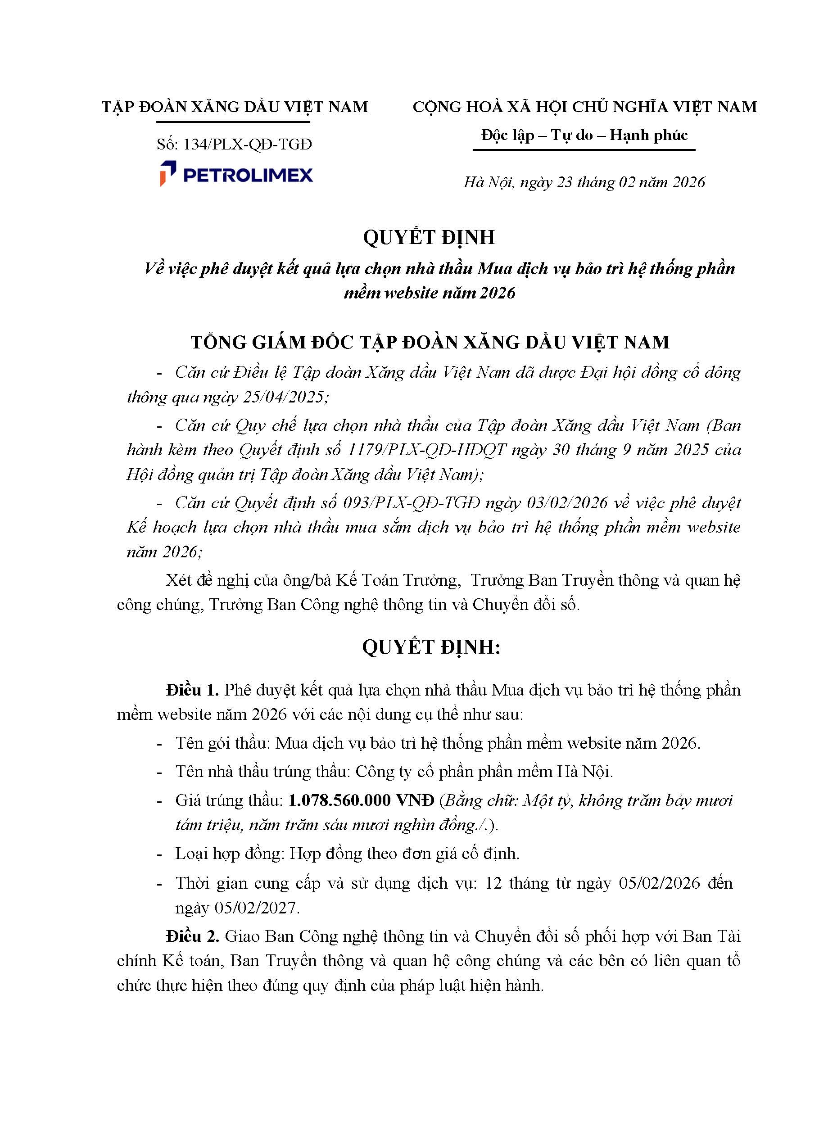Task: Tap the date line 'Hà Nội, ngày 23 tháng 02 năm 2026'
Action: (x=584, y=182)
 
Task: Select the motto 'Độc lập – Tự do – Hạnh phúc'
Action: (x=584, y=135)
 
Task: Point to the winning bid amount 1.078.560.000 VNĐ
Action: (x=361, y=800)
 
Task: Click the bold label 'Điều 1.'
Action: (x=192, y=690)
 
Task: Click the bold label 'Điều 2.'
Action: (x=192, y=936)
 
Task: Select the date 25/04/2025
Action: (x=285, y=397)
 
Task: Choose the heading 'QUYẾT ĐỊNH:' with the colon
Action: (x=431, y=647)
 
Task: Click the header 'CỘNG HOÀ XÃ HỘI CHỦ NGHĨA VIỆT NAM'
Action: (x=584, y=107)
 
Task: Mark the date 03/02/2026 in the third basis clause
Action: (x=567, y=503)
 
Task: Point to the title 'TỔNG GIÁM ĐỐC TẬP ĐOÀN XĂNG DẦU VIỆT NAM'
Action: (x=430, y=342)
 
